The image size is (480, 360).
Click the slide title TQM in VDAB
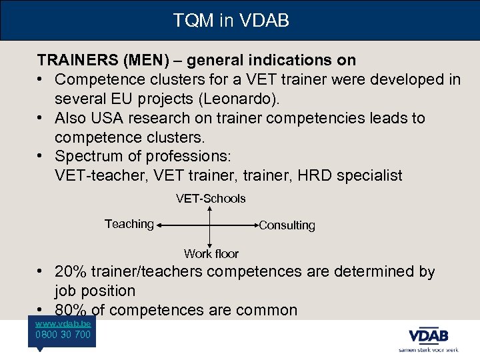click(231, 21)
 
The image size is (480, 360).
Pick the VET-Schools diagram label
click(211, 199)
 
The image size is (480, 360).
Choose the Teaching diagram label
click(129, 224)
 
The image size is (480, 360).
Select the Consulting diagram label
click(287, 225)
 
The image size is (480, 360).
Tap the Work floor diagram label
click(211, 253)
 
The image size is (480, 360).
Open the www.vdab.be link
click(63, 323)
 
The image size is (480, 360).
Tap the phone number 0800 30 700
click(63, 335)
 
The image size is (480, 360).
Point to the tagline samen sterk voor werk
click(428, 349)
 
